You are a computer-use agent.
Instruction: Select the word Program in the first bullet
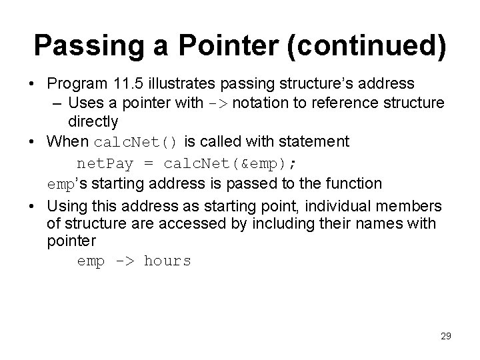77,85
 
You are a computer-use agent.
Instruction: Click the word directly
93,122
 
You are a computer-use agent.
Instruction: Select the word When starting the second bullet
69,141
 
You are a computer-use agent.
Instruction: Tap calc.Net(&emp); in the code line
234,163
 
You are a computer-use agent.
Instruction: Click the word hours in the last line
167,261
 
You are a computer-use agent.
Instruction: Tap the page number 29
445,337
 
